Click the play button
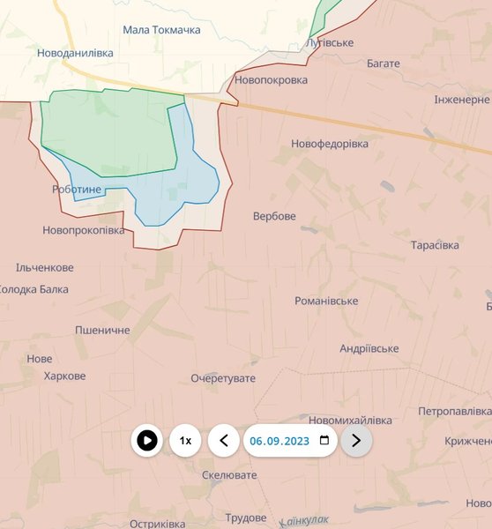point(147,440)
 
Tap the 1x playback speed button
point(185,440)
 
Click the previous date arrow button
point(224,440)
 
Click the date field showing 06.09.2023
point(280,440)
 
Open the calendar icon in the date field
point(324,440)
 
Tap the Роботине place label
point(77,190)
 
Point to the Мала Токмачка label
point(161,30)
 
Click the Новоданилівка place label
point(75,53)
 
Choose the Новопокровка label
point(271,80)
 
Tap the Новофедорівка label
point(330,144)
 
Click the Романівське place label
point(326,301)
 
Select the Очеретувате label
point(223,378)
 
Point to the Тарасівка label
point(435,244)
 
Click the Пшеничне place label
point(102,330)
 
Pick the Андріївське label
point(369,348)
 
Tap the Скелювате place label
point(229,474)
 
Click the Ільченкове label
point(45,267)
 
